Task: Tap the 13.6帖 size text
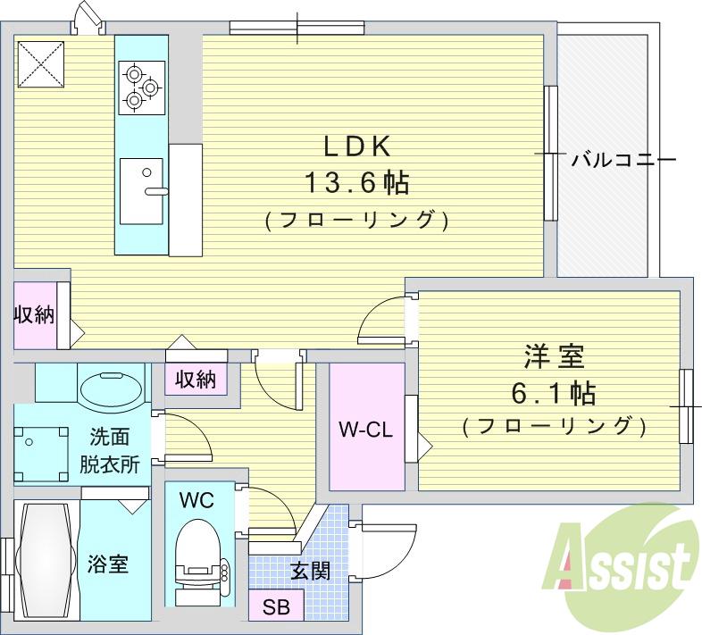[x=356, y=183]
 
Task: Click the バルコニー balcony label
[x=623, y=160]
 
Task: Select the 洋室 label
[x=554, y=358]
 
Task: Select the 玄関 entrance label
[x=310, y=569]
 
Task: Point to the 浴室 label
[x=107, y=564]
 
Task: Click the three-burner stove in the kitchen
[x=141, y=88]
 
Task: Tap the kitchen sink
[x=141, y=189]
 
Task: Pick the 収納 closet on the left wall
[x=34, y=314]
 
